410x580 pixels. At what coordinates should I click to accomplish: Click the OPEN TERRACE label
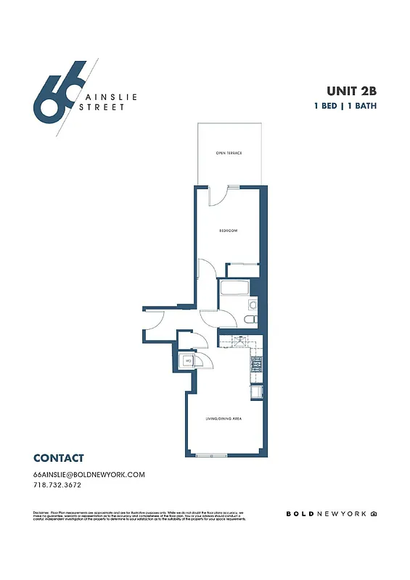click(x=229, y=154)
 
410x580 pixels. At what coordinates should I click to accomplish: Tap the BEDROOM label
click(x=229, y=231)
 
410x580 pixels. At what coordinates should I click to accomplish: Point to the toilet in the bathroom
click(x=250, y=319)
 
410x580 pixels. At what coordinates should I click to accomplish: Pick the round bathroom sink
click(x=253, y=304)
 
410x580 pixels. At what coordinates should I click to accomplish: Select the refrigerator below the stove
click(x=256, y=392)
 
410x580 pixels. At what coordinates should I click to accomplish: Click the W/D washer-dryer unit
click(x=186, y=360)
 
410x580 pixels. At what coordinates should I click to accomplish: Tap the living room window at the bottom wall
click(x=211, y=455)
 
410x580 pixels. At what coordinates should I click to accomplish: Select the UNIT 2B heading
click(x=352, y=91)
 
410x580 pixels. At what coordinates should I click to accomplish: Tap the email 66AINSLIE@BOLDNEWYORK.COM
click(x=89, y=474)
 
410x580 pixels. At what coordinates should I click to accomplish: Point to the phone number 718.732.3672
click(x=62, y=485)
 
